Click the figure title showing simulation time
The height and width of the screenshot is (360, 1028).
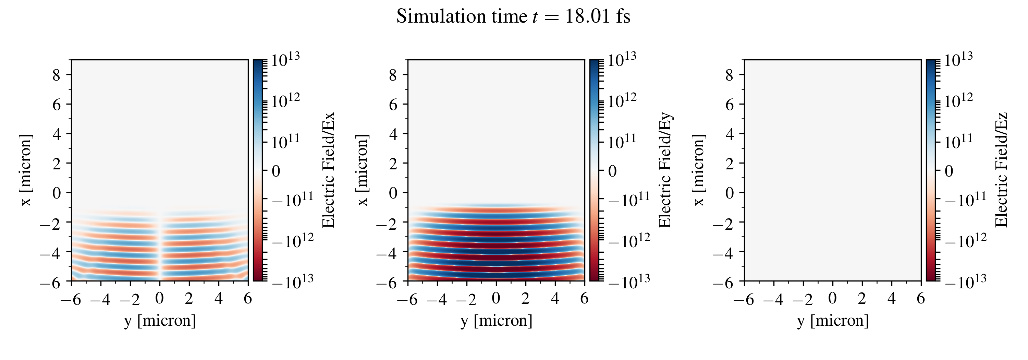click(513, 17)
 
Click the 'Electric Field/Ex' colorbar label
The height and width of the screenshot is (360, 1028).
click(328, 170)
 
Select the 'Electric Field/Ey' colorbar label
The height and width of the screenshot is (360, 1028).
click(665, 170)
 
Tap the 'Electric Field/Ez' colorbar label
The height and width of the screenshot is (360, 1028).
click(1001, 170)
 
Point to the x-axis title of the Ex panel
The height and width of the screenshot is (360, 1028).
click(160, 321)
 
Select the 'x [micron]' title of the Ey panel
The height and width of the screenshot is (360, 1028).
click(362, 170)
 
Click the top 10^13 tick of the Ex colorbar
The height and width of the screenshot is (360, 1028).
click(285, 60)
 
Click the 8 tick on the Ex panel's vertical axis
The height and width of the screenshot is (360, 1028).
click(56, 75)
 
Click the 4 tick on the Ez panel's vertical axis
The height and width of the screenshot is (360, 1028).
click(730, 134)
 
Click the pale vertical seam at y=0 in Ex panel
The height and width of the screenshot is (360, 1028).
click(160, 248)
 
